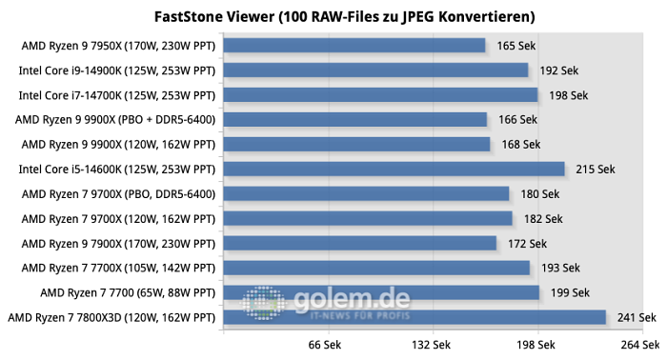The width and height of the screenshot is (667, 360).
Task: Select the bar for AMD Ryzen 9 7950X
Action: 354,45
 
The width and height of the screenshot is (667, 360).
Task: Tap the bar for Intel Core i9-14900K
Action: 374,70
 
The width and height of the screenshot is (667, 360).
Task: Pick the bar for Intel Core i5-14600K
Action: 393,169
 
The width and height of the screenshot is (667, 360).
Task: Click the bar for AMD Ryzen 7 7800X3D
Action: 414,317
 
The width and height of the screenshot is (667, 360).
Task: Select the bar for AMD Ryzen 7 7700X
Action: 375,268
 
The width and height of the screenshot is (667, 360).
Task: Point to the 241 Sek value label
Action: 636,317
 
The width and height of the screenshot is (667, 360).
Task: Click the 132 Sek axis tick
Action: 431,345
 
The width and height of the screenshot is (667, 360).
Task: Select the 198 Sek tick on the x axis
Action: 536,345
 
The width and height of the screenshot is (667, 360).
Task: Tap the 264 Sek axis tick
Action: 638,345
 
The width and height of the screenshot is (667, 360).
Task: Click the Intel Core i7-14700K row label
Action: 118,94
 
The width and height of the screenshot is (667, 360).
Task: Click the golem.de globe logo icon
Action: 264,301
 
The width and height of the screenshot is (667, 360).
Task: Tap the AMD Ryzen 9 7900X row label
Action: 119,243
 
